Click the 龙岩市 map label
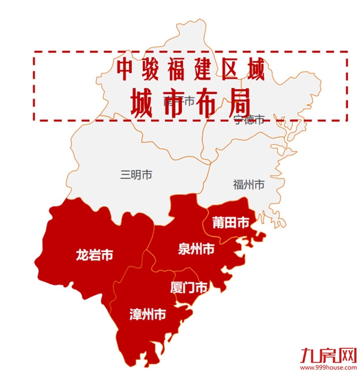click(x=94, y=255)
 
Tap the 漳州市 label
click(x=148, y=315)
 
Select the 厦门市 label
click(x=189, y=288)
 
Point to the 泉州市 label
click(x=196, y=249)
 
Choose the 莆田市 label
click(x=231, y=222)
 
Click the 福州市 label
click(x=249, y=185)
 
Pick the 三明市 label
click(x=137, y=175)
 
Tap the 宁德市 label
click(x=249, y=120)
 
